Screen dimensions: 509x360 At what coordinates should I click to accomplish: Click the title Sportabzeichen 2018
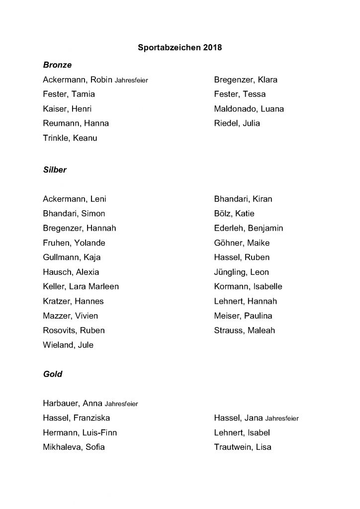click(x=180, y=48)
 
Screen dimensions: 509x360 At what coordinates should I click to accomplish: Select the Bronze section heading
click(x=57, y=65)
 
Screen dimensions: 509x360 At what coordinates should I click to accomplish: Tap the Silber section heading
click(x=55, y=170)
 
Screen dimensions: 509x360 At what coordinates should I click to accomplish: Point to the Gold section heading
click(x=53, y=374)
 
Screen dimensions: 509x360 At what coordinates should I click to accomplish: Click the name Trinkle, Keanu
click(x=70, y=138)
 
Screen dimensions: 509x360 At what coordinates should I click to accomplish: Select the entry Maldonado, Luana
click(x=249, y=109)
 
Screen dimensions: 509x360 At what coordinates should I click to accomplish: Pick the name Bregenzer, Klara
click(x=246, y=80)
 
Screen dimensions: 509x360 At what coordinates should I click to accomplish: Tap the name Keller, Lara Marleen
click(x=81, y=286)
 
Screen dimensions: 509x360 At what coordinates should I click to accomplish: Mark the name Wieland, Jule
click(x=68, y=345)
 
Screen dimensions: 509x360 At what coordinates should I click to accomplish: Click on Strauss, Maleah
click(x=244, y=330)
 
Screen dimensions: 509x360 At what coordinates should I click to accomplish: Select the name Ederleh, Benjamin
click(x=248, y=228)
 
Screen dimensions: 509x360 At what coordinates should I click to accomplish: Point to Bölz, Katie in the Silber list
click(x=234, y=214)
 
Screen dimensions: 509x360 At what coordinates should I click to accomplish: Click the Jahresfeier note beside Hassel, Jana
click(x=282, y=419)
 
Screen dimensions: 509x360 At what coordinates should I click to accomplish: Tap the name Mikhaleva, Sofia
click(x=74, y=447)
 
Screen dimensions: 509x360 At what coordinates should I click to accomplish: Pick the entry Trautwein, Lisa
click(x=243, y=447)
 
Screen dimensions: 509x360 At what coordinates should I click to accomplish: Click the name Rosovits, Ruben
click(x=74, y=330)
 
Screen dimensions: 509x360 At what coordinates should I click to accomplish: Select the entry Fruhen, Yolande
click(x=74, y=243)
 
